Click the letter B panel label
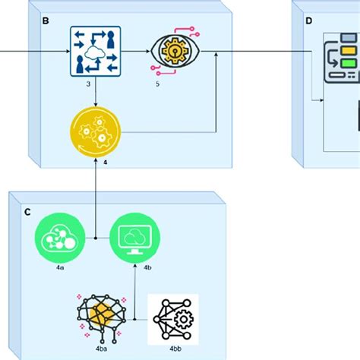[x=46, y=21]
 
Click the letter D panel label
[x=308, y=21]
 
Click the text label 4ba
[x=101, y=349]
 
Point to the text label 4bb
[x=172, y=349]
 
